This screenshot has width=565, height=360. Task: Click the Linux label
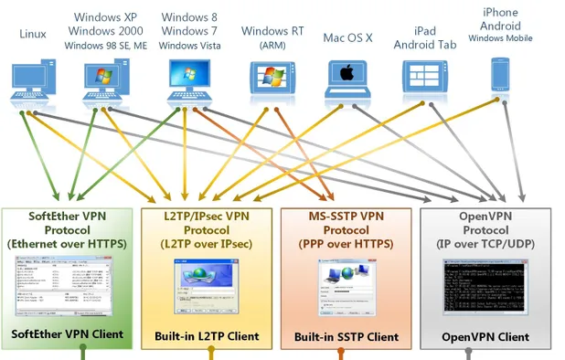32,34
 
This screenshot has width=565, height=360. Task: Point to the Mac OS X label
347,37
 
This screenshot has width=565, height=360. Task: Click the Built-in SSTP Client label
346,337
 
